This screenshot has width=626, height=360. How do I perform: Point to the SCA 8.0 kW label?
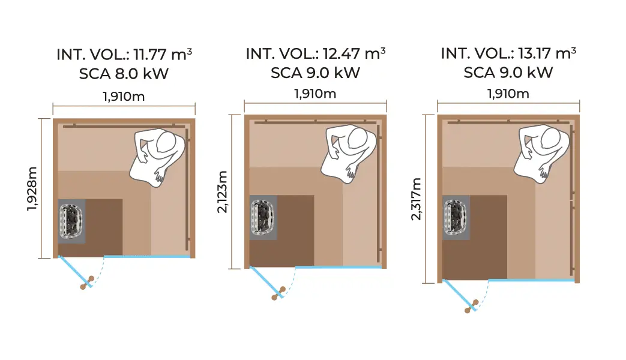(124, 74)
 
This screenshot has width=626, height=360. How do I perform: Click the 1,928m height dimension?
(32, 189)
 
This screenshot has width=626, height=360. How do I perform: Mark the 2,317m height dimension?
(416, 199)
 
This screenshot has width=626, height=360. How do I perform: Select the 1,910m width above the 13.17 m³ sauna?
(508, 94)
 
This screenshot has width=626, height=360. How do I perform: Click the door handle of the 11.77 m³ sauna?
(88, 283)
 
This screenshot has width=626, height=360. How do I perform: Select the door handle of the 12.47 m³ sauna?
(278, 292)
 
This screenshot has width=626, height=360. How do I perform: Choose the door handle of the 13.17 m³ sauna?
(472, 306)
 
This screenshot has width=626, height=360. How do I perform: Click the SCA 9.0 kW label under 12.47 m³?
(315, 73)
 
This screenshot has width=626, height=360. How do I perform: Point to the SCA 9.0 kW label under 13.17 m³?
(508, 73)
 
